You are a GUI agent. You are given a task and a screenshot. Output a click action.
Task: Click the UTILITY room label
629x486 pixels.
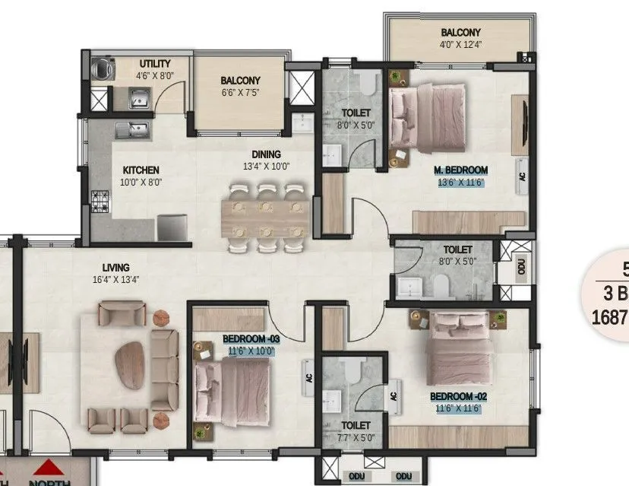pos(154,64)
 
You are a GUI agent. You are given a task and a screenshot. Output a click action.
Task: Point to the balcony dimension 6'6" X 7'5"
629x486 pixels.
pos(240,93)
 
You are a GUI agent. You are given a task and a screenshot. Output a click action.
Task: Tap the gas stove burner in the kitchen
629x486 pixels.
pos(100,201)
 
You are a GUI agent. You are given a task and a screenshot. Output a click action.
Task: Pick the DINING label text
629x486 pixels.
pos(261,154)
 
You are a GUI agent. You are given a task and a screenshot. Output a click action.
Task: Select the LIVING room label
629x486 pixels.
pos(116,268)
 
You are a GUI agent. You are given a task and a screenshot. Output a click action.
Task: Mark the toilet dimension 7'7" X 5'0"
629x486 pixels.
pos(356,438)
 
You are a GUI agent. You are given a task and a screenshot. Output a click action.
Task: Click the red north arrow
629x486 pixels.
pos(50,466)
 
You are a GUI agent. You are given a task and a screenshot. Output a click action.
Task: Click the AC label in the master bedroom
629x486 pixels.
pos(522,174)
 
